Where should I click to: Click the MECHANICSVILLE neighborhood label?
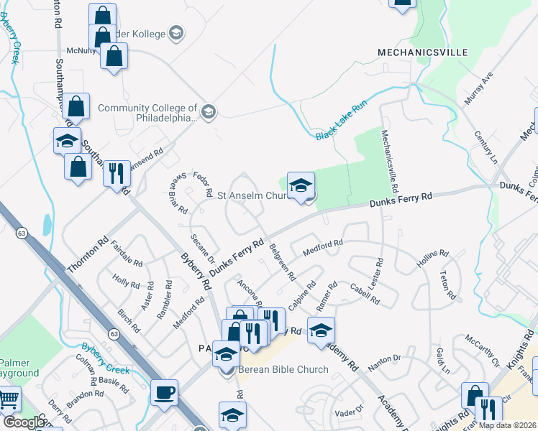(x=423, y=52)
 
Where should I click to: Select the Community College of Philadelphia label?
(x=147, y=113)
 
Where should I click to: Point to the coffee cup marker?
(x=165, y=392)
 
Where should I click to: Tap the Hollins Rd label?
(x=432, y=259)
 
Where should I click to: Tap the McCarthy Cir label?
(x=482, y=348)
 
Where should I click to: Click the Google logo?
(x=23, y=422)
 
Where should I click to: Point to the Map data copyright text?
(x=506, y=425)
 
